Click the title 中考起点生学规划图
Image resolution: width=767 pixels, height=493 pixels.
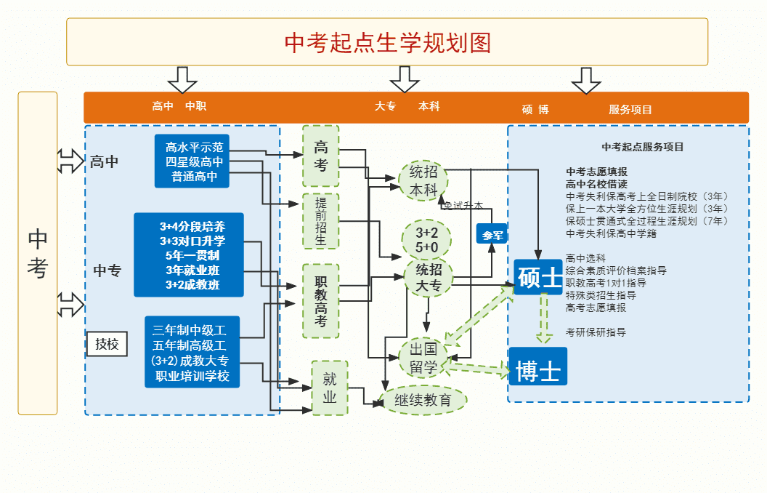387,42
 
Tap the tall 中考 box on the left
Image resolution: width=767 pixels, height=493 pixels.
38,253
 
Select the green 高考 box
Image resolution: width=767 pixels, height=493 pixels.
320,156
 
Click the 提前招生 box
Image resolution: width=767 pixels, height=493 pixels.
320,221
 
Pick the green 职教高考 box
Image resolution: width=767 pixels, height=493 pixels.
320,300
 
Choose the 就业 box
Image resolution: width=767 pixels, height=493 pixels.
330,388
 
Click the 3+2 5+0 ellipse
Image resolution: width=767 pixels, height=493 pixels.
426,240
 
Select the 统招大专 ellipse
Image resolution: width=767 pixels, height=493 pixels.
429,278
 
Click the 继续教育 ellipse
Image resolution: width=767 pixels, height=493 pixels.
423,400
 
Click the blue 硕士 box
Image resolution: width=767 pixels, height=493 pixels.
538,277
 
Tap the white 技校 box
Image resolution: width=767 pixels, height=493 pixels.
107,345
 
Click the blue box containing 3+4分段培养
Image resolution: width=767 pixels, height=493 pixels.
189,255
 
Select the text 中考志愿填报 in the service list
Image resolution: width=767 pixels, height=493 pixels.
596,172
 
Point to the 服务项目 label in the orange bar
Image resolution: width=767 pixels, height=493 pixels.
630,110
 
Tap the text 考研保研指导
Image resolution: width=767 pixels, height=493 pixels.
596,332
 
